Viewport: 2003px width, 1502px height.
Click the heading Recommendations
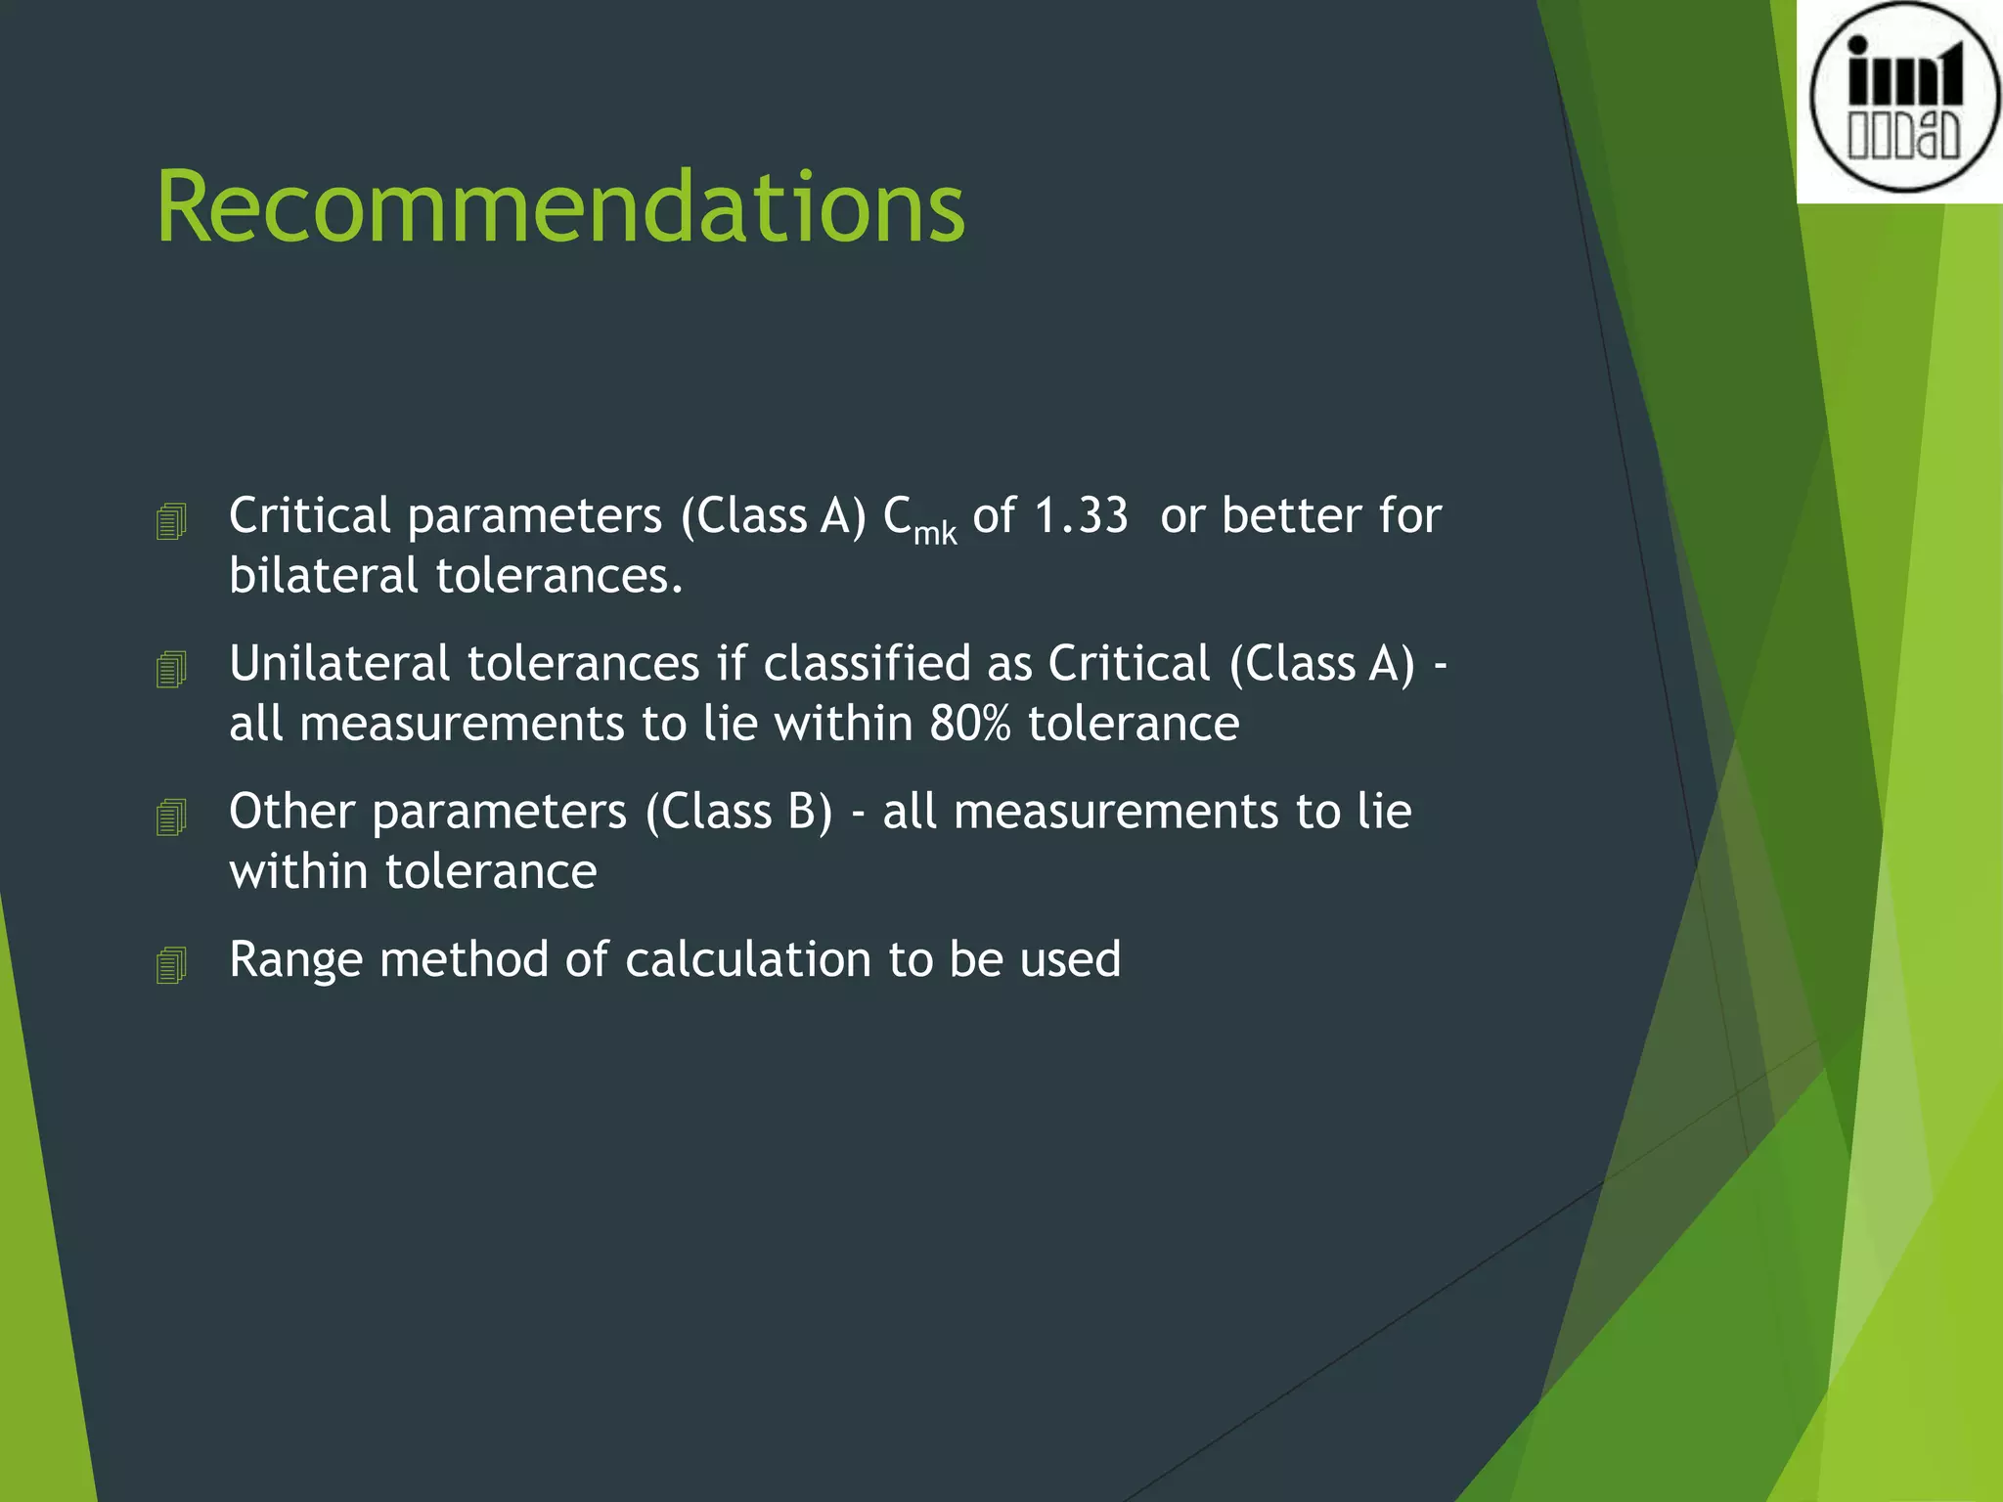pyautogui.click(x=560, y=207)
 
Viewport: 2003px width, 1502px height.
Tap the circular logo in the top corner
pyautogui.click(x=1903, y=98)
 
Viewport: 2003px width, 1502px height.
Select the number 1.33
pyautogui.click(x=1080, y=515)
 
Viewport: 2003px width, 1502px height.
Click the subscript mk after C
pyautogui.click(x=935, y=534)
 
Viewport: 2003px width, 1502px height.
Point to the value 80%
pyautogui.click(x=969, y=724)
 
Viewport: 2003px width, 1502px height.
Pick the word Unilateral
pyautogui.click(x=339, y=663)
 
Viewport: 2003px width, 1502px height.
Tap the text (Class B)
pyautogui.click(x=738, y=812)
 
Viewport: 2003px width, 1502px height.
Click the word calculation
pyautogui.click(x=747, y=959)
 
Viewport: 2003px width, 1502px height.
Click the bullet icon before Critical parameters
pyautogui.click(x=171, y=521)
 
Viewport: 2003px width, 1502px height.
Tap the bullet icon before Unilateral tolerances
pyautogui.click(x=171, y=669)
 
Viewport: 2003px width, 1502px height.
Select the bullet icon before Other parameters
pyautogui.click(x=171, y=817)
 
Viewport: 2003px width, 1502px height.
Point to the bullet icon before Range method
pyautogui.click(x=171, y=965)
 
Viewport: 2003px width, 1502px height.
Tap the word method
pyautogui.click(x=464, y=959)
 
